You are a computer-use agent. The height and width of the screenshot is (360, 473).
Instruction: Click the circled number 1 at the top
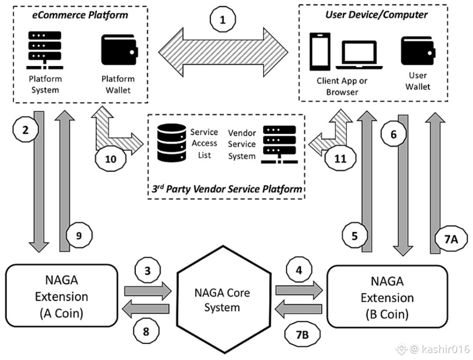click(x=223, y=20)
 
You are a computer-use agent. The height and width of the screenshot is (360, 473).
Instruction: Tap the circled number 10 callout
click(x=111, y=159)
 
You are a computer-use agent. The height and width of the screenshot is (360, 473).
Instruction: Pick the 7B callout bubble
click(x=302, y=335)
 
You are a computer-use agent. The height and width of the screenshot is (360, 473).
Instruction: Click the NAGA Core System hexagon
click(x=222, y=300)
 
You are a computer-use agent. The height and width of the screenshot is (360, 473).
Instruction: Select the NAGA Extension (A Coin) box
click(x=61, y=296)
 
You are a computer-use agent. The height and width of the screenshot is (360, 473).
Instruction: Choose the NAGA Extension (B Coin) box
click(x=387, y=297)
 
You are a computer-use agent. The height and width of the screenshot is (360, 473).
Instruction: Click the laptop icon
click(x=359, y=55)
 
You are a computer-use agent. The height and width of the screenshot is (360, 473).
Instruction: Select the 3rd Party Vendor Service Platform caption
click(x=226, y=190)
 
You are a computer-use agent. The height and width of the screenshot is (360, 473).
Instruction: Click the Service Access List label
click(x=204, y=143)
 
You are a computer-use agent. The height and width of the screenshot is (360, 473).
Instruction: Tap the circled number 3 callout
click(x=147, y=270)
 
